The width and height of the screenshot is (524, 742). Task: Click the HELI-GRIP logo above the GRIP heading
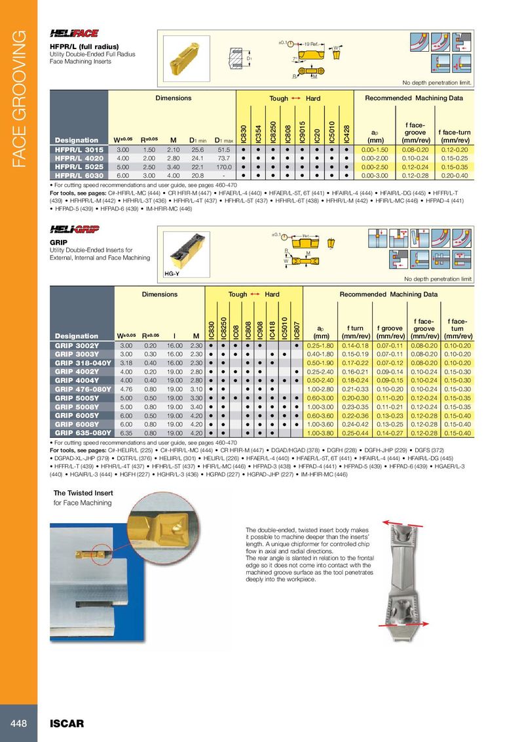point(69,229)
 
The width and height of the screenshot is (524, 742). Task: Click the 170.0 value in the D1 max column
point(225,167)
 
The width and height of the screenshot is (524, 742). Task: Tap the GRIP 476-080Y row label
point(82,389)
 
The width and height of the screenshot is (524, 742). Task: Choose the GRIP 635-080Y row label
point(82,433)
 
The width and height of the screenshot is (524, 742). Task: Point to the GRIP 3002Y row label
point(77,345)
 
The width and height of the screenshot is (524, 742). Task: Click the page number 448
point(18,723)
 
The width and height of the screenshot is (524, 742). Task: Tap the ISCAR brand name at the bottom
point(67,724)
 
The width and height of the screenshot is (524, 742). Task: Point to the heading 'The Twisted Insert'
point(83,493)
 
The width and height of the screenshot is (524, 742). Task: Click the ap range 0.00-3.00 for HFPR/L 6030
point(375,176)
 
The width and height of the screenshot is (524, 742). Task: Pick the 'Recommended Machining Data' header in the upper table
point(414,98)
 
